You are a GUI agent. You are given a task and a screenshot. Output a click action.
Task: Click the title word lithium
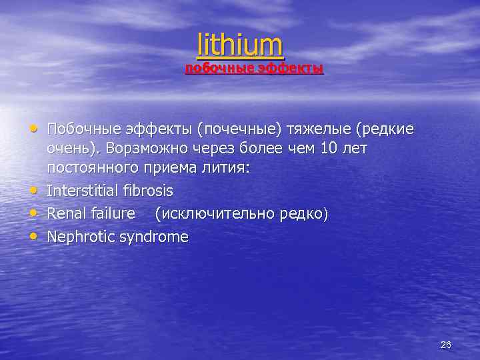[x=240, y=45]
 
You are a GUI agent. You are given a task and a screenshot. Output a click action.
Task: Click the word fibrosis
[x=149, y=191]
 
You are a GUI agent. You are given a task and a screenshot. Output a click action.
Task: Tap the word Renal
[x=66, y=213]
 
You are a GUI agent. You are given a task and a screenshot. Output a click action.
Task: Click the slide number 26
[x=446, y=345]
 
